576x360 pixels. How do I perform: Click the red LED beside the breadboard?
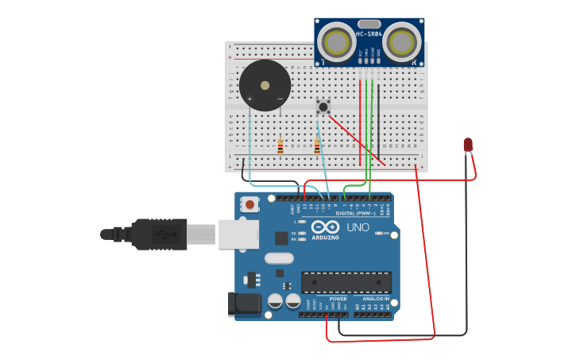click(468, 144)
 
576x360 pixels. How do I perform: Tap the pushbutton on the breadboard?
click(323, 106)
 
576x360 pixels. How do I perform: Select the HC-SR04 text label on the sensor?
click(369, 33)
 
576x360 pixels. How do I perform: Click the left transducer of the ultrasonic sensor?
click(338, 41)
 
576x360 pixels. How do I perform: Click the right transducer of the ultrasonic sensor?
click(402, 41)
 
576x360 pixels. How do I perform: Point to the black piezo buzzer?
click(265, 85)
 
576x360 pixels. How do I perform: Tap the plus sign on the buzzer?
click(249, 99)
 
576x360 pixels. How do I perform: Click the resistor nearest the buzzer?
click(280, 146)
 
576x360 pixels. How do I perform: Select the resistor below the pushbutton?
click(317, 147)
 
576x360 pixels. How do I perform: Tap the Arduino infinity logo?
click(326, 227)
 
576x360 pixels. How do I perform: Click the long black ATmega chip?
click(346, 282)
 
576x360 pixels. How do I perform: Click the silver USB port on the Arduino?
click(238, 234)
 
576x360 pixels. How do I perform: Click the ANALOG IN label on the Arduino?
click(374, 299)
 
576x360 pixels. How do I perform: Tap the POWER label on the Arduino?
click(327, 299)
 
